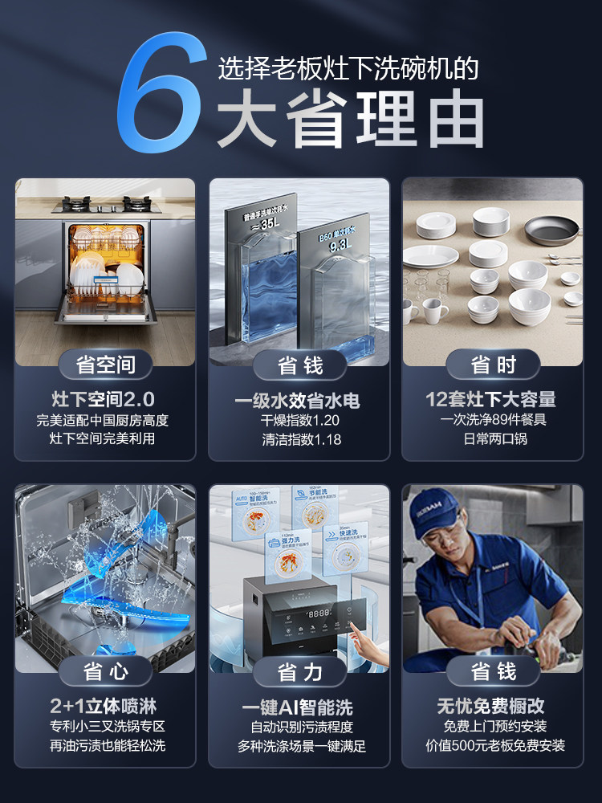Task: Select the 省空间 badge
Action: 105,365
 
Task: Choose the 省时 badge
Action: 492,365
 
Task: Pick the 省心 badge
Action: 105,671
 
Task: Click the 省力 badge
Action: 299,671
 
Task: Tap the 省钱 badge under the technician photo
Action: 492,671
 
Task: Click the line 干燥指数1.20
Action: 300,420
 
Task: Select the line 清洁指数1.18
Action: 300,439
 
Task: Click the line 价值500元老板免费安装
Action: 493,745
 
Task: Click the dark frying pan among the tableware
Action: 551,229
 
